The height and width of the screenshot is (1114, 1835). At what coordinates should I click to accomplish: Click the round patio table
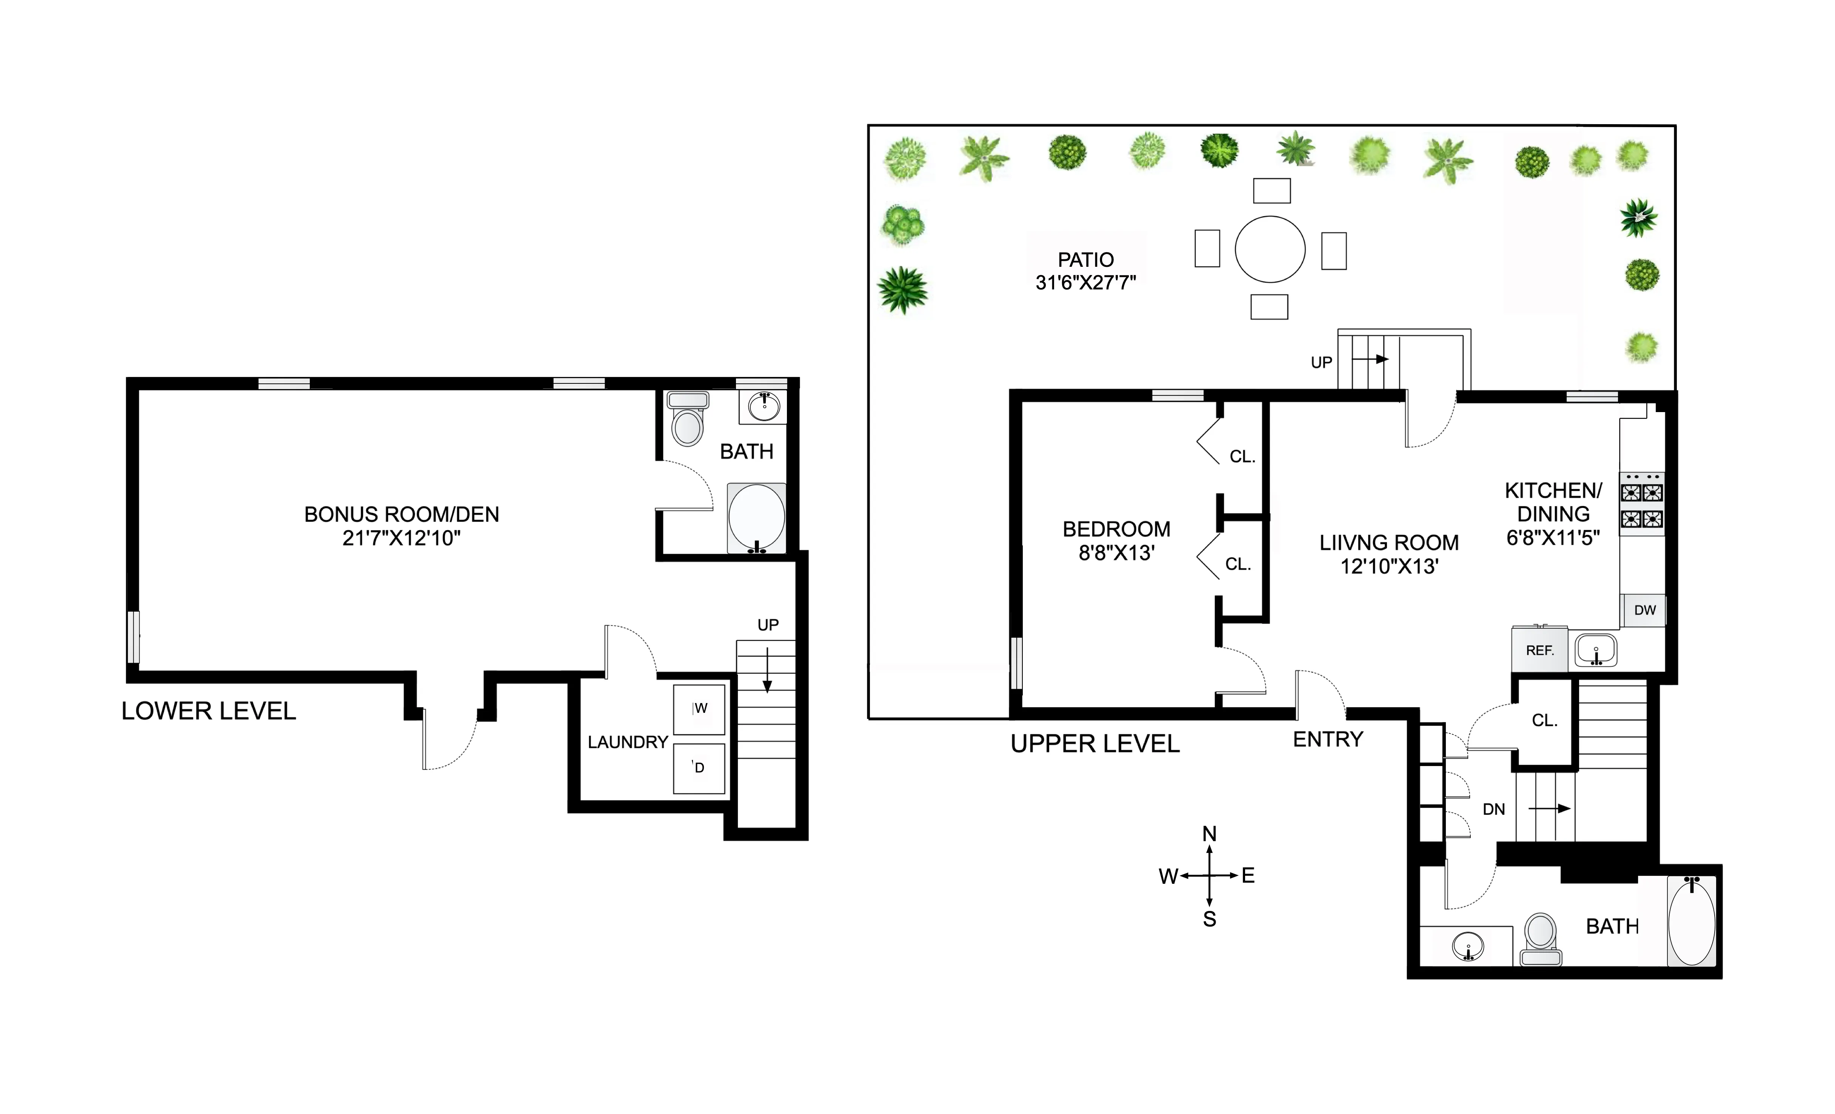pyautogui.click(x=1270, y=249)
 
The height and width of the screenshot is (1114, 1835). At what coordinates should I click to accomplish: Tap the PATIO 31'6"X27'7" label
pyautogui.click(x=1086, y=271)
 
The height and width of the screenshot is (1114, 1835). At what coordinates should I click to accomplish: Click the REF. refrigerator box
pyautogui.click(x=1539, y=650)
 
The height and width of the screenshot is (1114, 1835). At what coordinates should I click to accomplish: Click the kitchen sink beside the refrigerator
pyautogui.click(x=1595, y=650)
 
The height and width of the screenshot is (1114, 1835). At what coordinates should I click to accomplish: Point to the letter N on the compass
pyautogui.click(x=1209, y=834)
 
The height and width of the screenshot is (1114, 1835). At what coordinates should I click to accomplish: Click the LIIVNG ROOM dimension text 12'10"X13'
pyautogui.click(x=1389, y=567)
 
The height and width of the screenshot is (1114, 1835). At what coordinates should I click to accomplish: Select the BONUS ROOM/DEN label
pyautogui.click(x=402, y=515)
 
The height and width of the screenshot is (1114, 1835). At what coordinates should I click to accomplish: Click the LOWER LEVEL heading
pyautogui.click(x=208, y=711)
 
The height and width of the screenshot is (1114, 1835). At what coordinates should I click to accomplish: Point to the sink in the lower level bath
pyautogui.click(x=764, y=406)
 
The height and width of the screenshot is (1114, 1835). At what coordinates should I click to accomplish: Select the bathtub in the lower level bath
pyautogui.click(x=756, y=518)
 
